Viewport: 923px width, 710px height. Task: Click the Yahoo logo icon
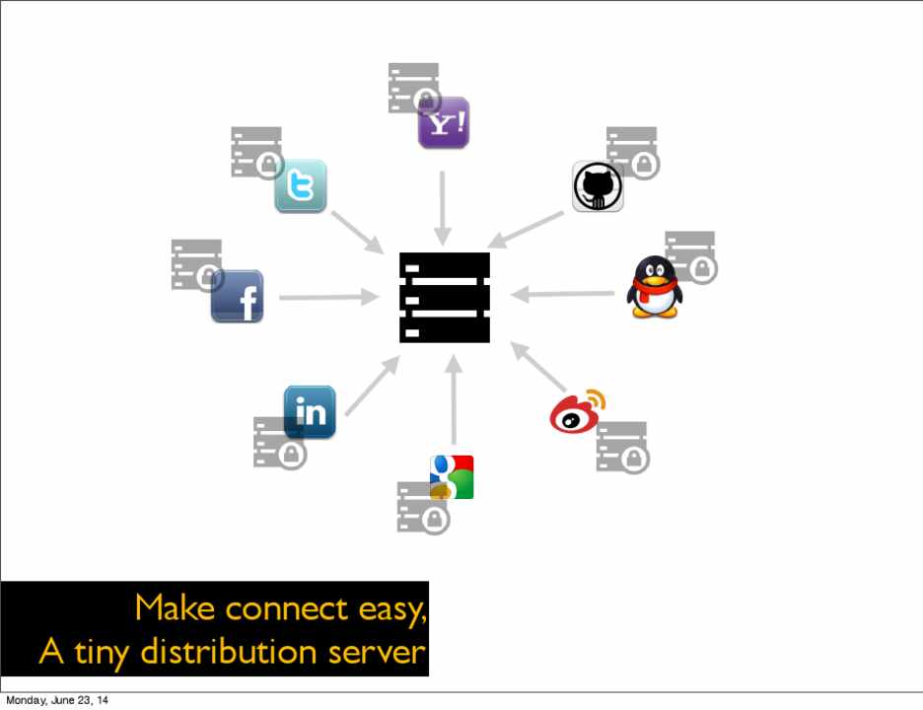(x=443, y=123)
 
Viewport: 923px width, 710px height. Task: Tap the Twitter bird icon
(x=300, y=185)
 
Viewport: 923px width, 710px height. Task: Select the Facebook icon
(x=237, y=297)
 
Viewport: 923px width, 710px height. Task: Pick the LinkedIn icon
(x=310, y=411)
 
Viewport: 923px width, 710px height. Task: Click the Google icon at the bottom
(x=452, y=477)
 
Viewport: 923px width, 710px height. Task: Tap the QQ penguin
(x=654, y=287)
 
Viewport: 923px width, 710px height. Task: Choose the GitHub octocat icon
(x=598, y=186)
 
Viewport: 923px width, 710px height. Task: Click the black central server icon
(x=444, y=298)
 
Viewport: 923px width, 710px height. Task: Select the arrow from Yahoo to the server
(x=443, y=208)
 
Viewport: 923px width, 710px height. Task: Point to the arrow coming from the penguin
(x=563, y=293)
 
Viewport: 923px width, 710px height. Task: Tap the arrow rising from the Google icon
(x=454, y=400)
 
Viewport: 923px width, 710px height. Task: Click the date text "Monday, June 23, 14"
(x=57, y=701)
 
